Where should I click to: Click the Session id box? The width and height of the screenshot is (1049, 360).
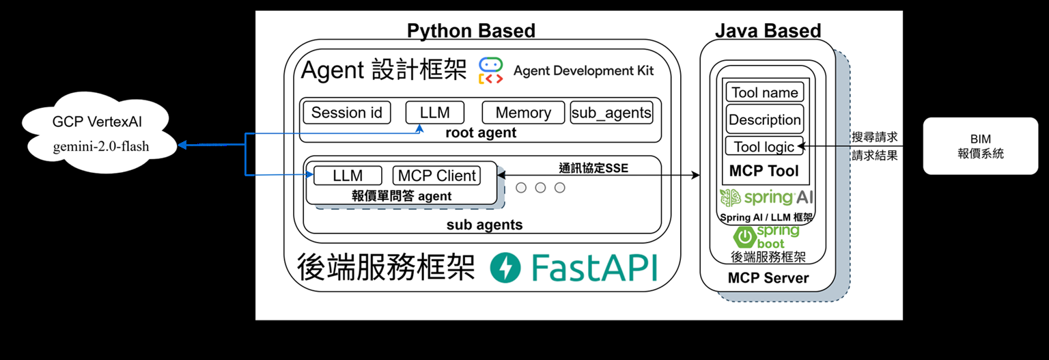click(x=347, y=113)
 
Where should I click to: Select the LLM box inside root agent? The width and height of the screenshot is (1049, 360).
click(x=435, y=113)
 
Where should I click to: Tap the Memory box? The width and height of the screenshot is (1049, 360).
click(x=523, y=113)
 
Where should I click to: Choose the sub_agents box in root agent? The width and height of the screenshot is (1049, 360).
click(x=611, y=113)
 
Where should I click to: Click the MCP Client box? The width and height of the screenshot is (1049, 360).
click(x=437, y=176)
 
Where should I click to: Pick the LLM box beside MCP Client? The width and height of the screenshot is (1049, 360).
click(x=348, y=176)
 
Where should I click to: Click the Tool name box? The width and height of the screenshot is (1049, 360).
click(x=764, y=93)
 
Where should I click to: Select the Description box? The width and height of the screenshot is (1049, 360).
click(x=764, y=120)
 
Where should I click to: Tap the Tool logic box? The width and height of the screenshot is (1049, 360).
click(x=764, y=146)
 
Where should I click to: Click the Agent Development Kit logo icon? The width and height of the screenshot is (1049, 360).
click(x=490, y=70)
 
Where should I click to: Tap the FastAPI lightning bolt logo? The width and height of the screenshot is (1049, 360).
click(x=506, y=268)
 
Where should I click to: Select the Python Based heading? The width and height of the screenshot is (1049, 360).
click(x=471, y=31)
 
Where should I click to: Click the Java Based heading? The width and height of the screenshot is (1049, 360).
click(x=768, y=31)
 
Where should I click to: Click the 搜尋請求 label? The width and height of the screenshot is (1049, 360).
click(x=875, y=137)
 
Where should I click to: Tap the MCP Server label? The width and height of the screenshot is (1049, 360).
click(x=768, y=278)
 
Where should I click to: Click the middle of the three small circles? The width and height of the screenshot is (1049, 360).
click(x=540, y=187)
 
